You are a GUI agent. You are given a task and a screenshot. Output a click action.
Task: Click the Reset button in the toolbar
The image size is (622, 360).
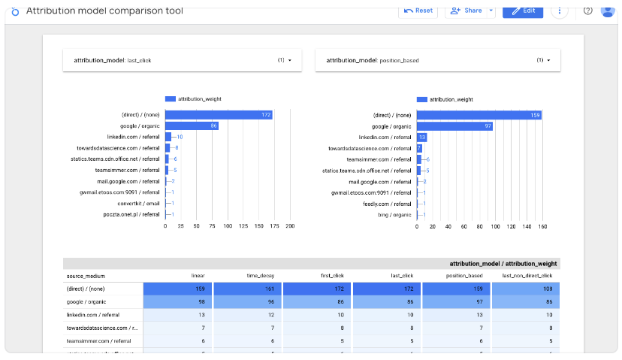[x=418, y=11]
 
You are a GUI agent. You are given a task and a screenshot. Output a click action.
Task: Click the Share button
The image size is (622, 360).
[x=465, y=11]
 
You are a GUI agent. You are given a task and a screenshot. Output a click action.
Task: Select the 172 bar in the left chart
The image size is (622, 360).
[x=219, y=115]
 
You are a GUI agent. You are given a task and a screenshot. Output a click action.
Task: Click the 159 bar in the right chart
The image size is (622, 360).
[x=479, y=115]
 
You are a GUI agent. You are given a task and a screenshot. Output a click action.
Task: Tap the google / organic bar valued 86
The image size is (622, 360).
[x=192, y=126]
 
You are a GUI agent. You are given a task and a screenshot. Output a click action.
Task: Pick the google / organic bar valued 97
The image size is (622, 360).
[x=454, y=126]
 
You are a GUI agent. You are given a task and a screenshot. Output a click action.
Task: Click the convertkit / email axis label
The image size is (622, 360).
[x=138, y=203]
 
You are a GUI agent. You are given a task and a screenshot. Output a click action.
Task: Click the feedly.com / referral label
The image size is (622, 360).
[x=388, y=203]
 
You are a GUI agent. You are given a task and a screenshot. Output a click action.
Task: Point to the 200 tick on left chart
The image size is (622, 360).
[x=290, y=225]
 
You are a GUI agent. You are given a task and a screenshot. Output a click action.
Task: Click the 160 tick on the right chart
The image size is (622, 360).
[x=542, y=225]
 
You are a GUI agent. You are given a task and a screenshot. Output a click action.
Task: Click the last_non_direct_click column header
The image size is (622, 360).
[x=527, y=276]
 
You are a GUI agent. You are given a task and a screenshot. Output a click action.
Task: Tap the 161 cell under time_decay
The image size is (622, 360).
[x=247, y=288]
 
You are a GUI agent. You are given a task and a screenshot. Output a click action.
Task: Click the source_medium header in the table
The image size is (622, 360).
[x=83, y=276]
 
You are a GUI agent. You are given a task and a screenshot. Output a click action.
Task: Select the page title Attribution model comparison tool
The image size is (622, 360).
[x=104, y=11]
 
